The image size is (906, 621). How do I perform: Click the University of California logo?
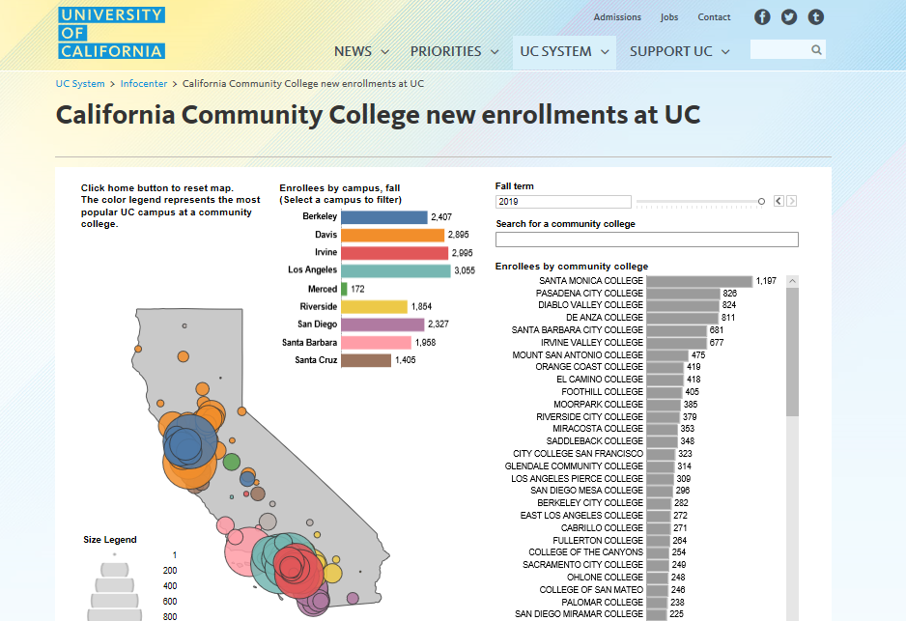pyautogui.click(x=111, y=33)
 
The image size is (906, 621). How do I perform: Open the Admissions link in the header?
pyautogui.click(x=617, y=17)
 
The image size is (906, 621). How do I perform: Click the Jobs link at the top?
pyautogui.click(x=669, y=17)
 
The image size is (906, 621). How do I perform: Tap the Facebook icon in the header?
pyautogui.click(x=762, y=17)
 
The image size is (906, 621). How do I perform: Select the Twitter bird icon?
pyautogui.click(x=789, y=17)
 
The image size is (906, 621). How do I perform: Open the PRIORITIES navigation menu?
pyautogui.click(x=454, y=51)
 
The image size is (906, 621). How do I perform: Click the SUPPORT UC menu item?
pyautogui.click(x=679, y=51)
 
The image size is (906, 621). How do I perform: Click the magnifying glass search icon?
pyautogui.click(x=816, y=50)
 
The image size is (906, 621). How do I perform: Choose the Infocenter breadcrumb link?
pyautogui.click(x=144, y=84)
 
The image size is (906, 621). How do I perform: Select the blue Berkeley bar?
pyautogui.click(x=383, y=217)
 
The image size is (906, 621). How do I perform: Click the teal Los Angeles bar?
pyautogui.click(x=396, y=270)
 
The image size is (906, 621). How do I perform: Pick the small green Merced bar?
pyautogui.click(x=344, y=289)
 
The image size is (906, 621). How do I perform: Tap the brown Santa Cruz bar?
pyautogui.click(x=366, y=360)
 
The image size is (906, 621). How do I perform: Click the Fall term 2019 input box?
pyautogui.click(x=563, y=202)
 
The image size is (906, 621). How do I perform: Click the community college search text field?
pyautogui.click(x=646, y=240)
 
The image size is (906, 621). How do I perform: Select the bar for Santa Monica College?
pyautogui.click(x=698, y=281)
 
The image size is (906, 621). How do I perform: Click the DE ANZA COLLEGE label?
pyautogui.click(x=604, y=318)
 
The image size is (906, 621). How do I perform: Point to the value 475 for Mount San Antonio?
pyautogui.click(x=698, y=355)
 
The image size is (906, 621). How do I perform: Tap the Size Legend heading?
pyautogui.click(x=110, y=540)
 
